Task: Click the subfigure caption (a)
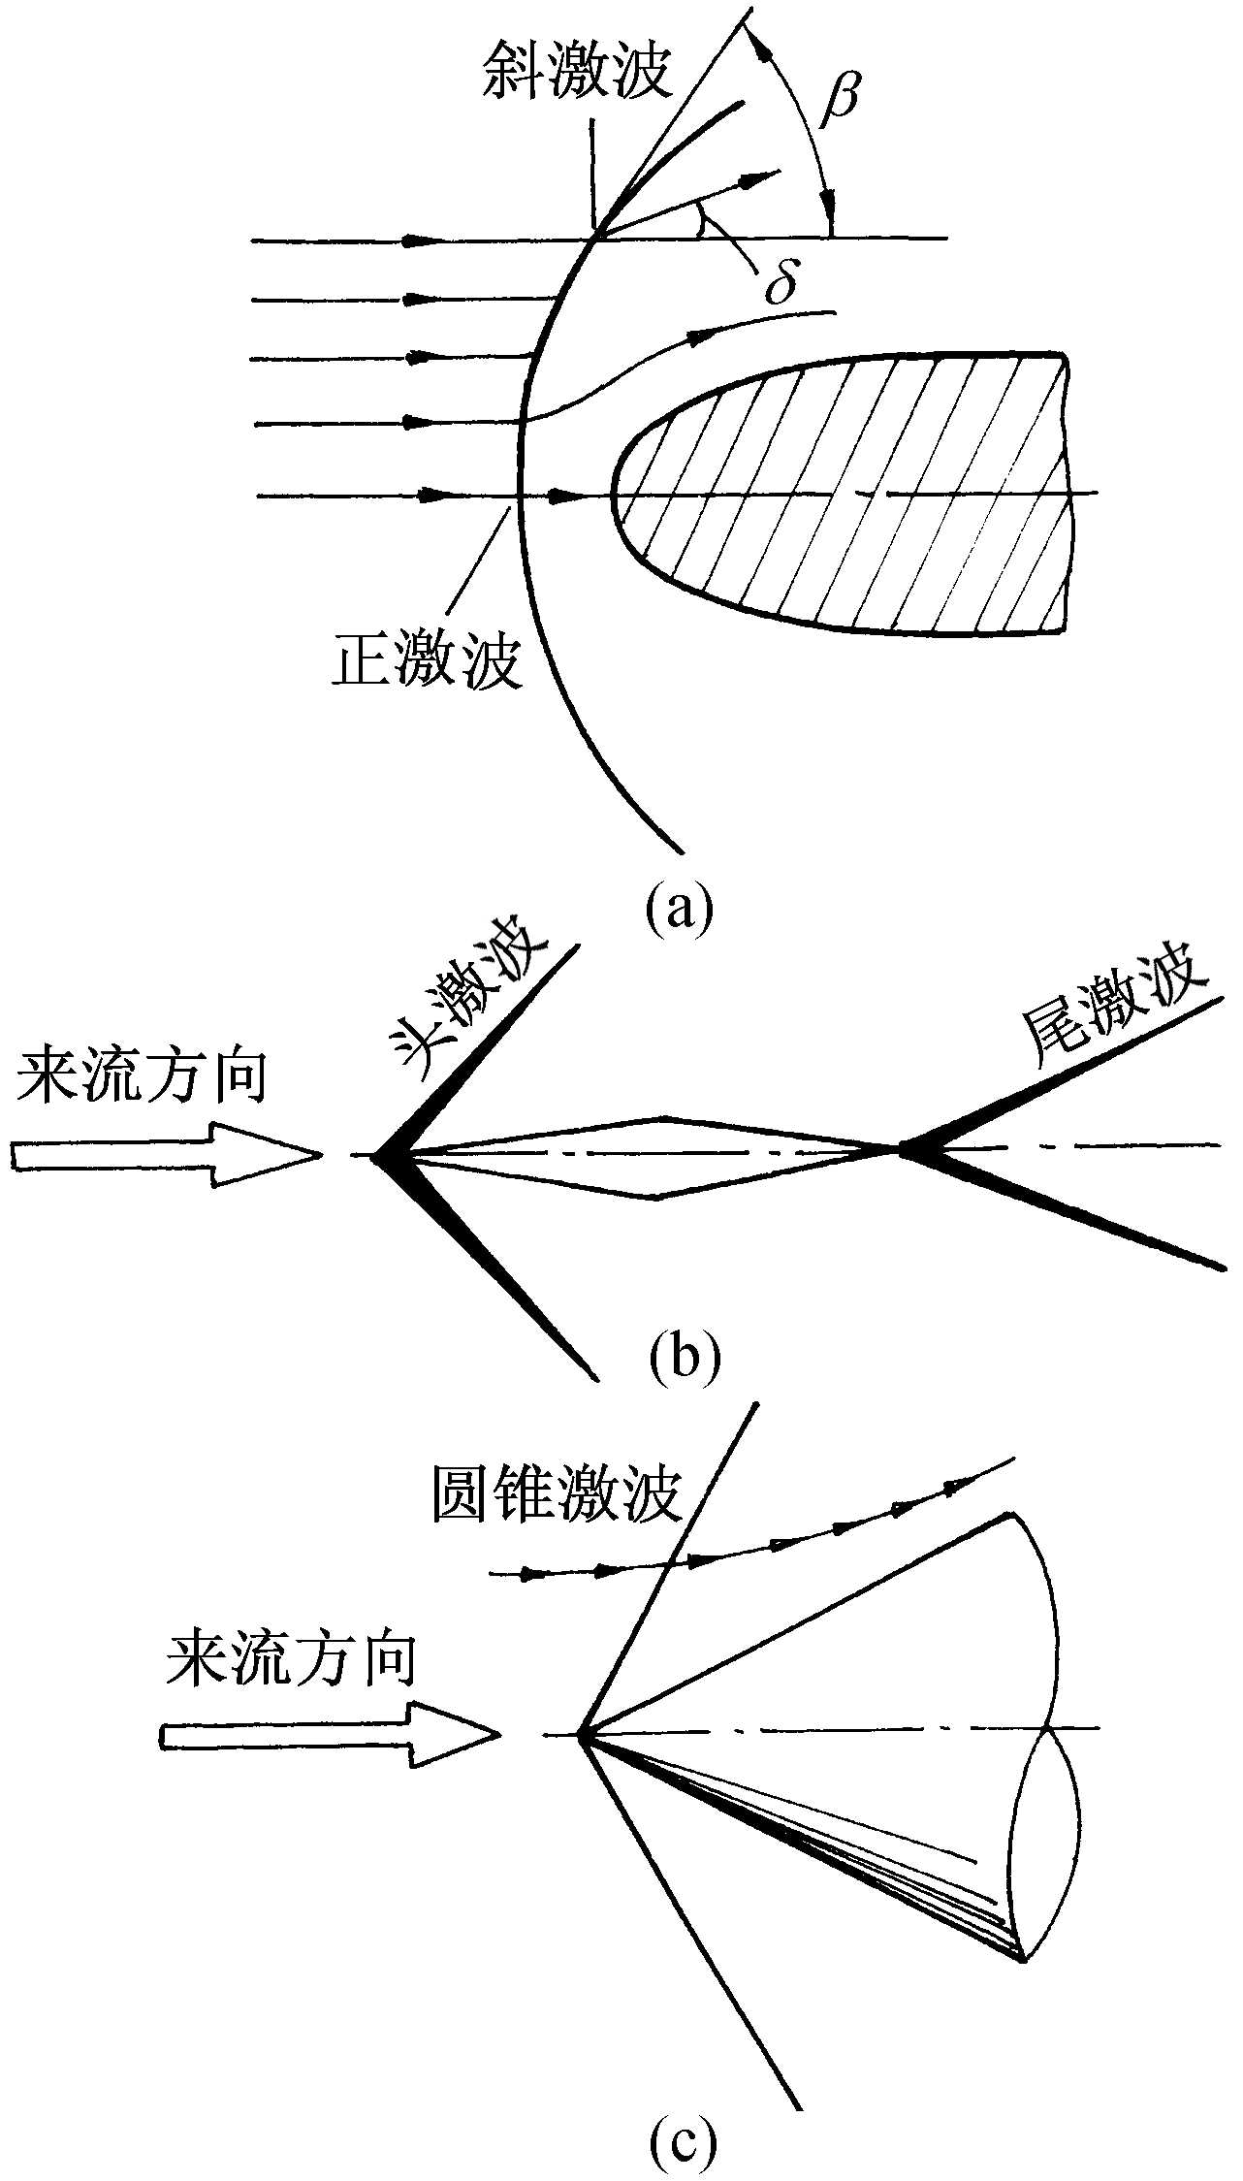(680, 907)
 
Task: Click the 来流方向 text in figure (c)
(291, 1661)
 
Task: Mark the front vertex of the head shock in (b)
(376, 1154)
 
